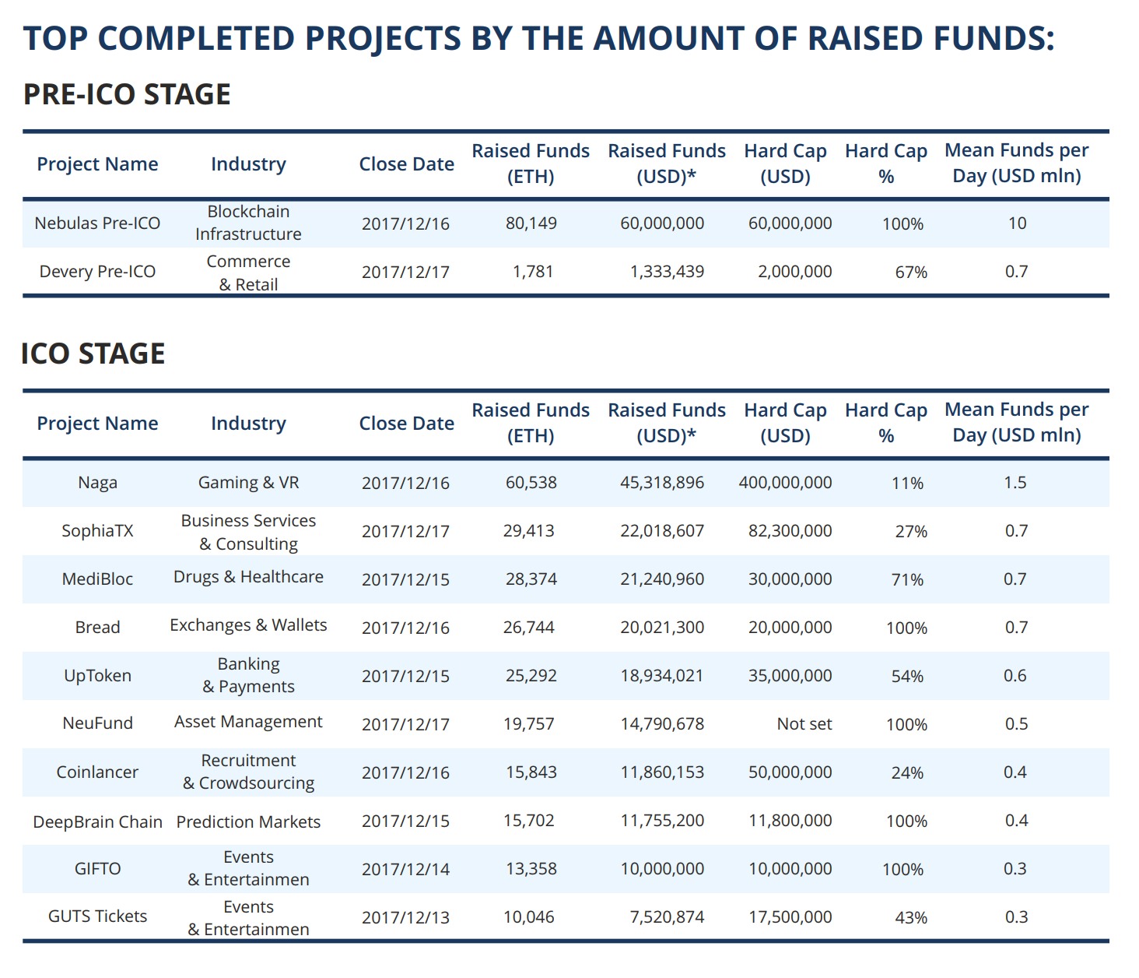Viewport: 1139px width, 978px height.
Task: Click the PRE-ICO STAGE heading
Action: coord(127,94)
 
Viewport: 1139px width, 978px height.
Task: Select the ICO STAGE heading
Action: coord(93,354)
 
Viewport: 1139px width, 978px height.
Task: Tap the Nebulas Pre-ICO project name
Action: coord(97,223)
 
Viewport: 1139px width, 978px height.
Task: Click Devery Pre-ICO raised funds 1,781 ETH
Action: coord(533,272)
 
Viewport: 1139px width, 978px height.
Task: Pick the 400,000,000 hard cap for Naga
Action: coord(785,483)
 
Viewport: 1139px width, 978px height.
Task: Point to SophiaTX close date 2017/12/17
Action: coord(405,531)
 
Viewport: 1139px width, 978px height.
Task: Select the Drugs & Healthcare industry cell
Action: coord(248,577)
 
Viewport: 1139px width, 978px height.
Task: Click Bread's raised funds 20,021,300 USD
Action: coord(662,628)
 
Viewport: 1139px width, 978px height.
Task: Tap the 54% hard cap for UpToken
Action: coord(907,676)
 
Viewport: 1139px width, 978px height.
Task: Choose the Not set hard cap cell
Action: coord(804,724)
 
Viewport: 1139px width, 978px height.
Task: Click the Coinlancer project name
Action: coord(97,772)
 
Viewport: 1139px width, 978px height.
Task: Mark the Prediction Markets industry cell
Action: coord(248,822)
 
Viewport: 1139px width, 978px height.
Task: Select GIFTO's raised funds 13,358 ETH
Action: coord(531,869)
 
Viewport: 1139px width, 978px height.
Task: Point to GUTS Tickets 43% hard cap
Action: coord(911,917)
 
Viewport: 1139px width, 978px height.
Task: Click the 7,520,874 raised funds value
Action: coord(667,917)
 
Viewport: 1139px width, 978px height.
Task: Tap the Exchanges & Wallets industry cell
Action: coord(248,625)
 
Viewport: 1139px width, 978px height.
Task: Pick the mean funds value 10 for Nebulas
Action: coord(1017,223)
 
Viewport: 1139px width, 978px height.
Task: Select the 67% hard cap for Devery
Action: coord(911,272)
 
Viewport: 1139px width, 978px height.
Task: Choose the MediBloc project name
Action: coord(97,579)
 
